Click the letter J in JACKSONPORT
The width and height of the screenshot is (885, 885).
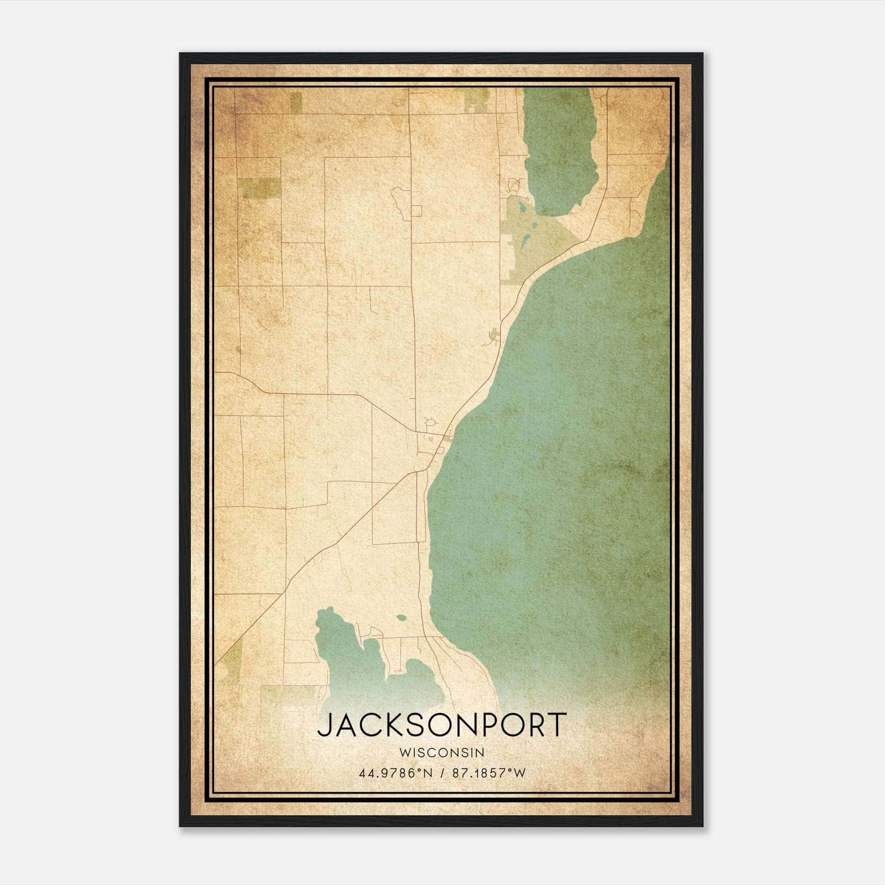pos(324,725)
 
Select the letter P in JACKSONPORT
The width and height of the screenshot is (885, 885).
pos(494,725)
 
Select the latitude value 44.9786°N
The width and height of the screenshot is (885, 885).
pos(395,773)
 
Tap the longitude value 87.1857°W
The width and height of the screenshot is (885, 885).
pos(489,773)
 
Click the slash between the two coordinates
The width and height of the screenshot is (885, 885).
pos(442,773)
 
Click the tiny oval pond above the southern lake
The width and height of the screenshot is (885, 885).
pos(401,617)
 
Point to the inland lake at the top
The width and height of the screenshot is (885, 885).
pos(559,149)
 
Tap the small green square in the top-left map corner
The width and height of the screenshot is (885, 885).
pos(296,100)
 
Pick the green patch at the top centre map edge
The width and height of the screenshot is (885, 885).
pos(474,99)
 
